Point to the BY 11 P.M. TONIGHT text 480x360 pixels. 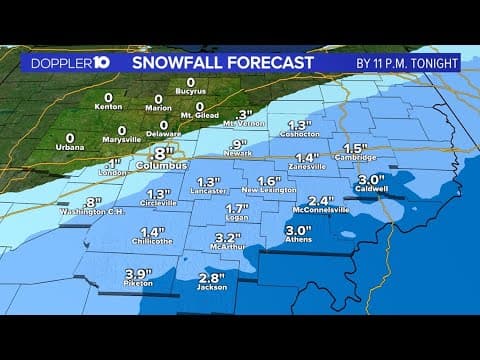(x=407, y=62)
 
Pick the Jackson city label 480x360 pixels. (x=212, y=288)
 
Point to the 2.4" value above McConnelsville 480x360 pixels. (x=320, y=199)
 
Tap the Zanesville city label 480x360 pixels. (x=307, y=167)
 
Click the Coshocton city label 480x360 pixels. (x=299, y=137)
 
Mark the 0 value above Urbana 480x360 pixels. (x=70, y=137)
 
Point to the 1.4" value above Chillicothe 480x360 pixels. (x=152, y=231)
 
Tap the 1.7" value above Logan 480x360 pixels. (x=236, y=208)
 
